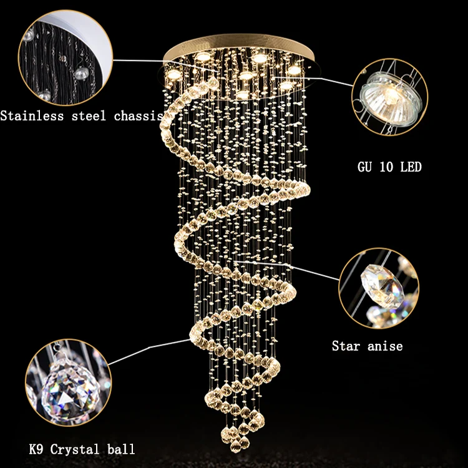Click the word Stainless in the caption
(32, 116)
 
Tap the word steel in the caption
(89, 116)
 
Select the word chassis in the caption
(139, 116)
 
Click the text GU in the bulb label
(364, 167)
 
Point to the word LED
(411, 167)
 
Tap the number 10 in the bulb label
(386, 167)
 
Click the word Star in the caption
(346, 346)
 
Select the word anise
(385, 346)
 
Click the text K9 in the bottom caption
(36, 449)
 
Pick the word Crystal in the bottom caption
(74, 450)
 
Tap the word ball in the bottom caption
(121, 449)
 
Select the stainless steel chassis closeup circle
(66, 57)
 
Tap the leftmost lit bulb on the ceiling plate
(174, 74)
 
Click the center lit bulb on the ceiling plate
(246, 76)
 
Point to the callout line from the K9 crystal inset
(149, 352)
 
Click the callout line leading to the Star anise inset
(287, 270)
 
